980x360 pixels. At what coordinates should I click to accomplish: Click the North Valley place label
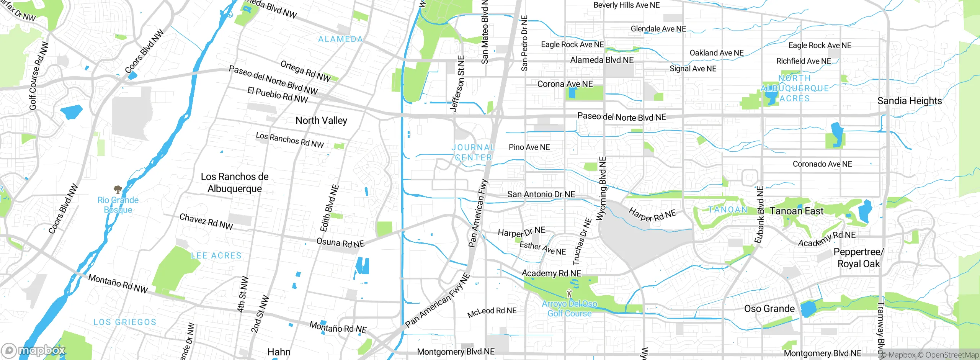click(321, 121)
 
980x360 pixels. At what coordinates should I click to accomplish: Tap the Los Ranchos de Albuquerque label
click(235, 183)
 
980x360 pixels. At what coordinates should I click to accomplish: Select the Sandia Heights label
click(909, 101)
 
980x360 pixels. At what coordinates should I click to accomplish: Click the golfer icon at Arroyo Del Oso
click(569, 294)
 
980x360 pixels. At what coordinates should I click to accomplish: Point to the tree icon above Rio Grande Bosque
click(118, 189)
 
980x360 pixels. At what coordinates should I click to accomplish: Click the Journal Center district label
click(473, 152)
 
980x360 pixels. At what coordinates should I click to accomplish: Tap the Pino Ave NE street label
click(529, 147)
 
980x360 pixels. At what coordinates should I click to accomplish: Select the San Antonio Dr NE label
click(541, 194)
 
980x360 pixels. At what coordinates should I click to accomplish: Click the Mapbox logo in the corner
click(34, 350)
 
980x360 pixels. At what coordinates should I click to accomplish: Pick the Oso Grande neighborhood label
click(769, 309)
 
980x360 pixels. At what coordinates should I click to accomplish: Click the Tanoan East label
click(796, 211)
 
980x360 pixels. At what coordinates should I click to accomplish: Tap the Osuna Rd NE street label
click(340, 243)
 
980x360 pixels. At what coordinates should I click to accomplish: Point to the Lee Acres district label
click(216, 255)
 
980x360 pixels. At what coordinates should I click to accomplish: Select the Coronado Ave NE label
click(822, 164)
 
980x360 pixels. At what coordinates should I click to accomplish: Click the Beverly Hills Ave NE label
click(626, 5)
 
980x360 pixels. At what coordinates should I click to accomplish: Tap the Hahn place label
click(279, 352)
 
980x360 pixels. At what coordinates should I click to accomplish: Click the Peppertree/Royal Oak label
click(858, 258)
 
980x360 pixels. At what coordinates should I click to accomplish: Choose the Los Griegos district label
click(125, 322)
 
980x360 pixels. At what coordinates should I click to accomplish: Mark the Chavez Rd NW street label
click(206, 222)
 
